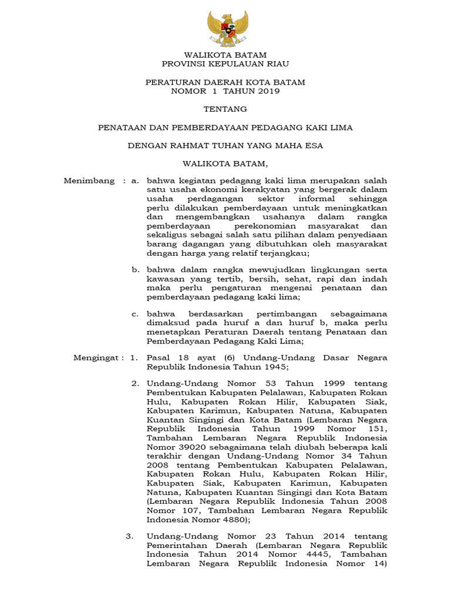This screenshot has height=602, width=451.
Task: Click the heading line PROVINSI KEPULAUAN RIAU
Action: pyautogui.click(x=225, y=63)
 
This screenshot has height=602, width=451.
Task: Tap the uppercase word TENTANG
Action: pyautogui.click(x=225, y=109)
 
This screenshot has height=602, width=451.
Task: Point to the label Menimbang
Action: pyautogui.click(x=89, y=180)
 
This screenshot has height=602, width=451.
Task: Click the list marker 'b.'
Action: pyautogui.click(x=135, y=269)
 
